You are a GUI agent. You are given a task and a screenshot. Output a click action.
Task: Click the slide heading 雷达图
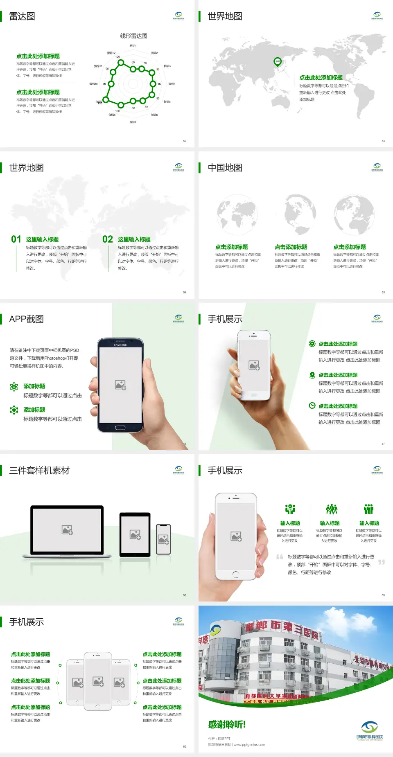[x=22, y=16]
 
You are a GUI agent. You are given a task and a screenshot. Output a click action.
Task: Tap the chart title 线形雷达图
[x=133, y=36]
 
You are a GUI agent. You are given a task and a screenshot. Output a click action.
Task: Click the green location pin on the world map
[x=278, y=62]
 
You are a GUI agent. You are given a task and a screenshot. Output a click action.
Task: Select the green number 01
[x=16, y=239]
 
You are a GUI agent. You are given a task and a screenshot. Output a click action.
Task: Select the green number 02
[x=108, y=239]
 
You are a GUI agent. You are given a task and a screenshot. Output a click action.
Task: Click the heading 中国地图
[x=225, y=168]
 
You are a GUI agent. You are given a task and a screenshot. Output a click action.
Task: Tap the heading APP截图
[x=26, y=319]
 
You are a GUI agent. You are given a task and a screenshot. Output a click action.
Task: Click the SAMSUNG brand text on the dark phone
[x=120, y=345]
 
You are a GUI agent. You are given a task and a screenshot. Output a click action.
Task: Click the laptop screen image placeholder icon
[x=67, y=530]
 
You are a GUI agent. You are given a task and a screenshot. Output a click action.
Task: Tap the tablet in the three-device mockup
[x=135, y=534]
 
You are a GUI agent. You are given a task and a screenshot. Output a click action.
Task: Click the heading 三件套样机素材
[x=39, y=471]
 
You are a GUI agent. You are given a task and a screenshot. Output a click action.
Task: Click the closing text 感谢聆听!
[x=227, y=725]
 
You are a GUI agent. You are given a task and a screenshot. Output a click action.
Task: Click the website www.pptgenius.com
[x=249, y=745]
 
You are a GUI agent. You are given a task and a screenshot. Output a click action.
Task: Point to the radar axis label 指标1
[x=133, y=46]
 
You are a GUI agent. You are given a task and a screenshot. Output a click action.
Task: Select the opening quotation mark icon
[x=280, y=557]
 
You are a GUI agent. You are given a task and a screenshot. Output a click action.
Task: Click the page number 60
[x=185, y=746]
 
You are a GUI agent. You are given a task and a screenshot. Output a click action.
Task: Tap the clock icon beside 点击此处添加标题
[x=312, y=406]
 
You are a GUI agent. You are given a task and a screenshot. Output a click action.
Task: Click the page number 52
[x=185, y=141]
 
